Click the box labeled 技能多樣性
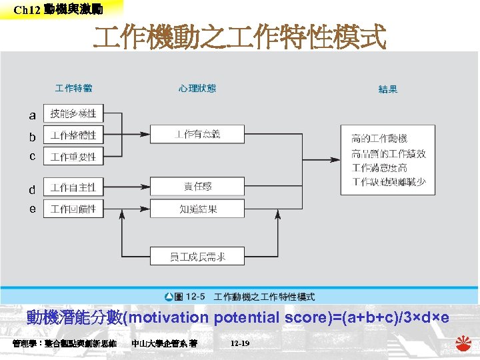[73, 113]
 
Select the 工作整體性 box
[73, 135]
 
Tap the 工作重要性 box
[73, 157]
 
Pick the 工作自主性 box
[73, 187]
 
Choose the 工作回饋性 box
[73, 209]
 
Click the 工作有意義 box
[197, 134]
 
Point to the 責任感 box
[197, 187]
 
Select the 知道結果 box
[197, 209]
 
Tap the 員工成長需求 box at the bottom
[197, 256]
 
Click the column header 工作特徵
[73, 88]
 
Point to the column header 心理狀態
[197, 88]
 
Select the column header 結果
[388, 89]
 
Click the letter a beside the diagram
[32, 115]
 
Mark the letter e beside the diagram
[32, 209]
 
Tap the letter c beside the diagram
[32, 156]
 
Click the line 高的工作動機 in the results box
[379, 139]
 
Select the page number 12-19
[239, 343]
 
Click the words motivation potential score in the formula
[213, 318]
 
